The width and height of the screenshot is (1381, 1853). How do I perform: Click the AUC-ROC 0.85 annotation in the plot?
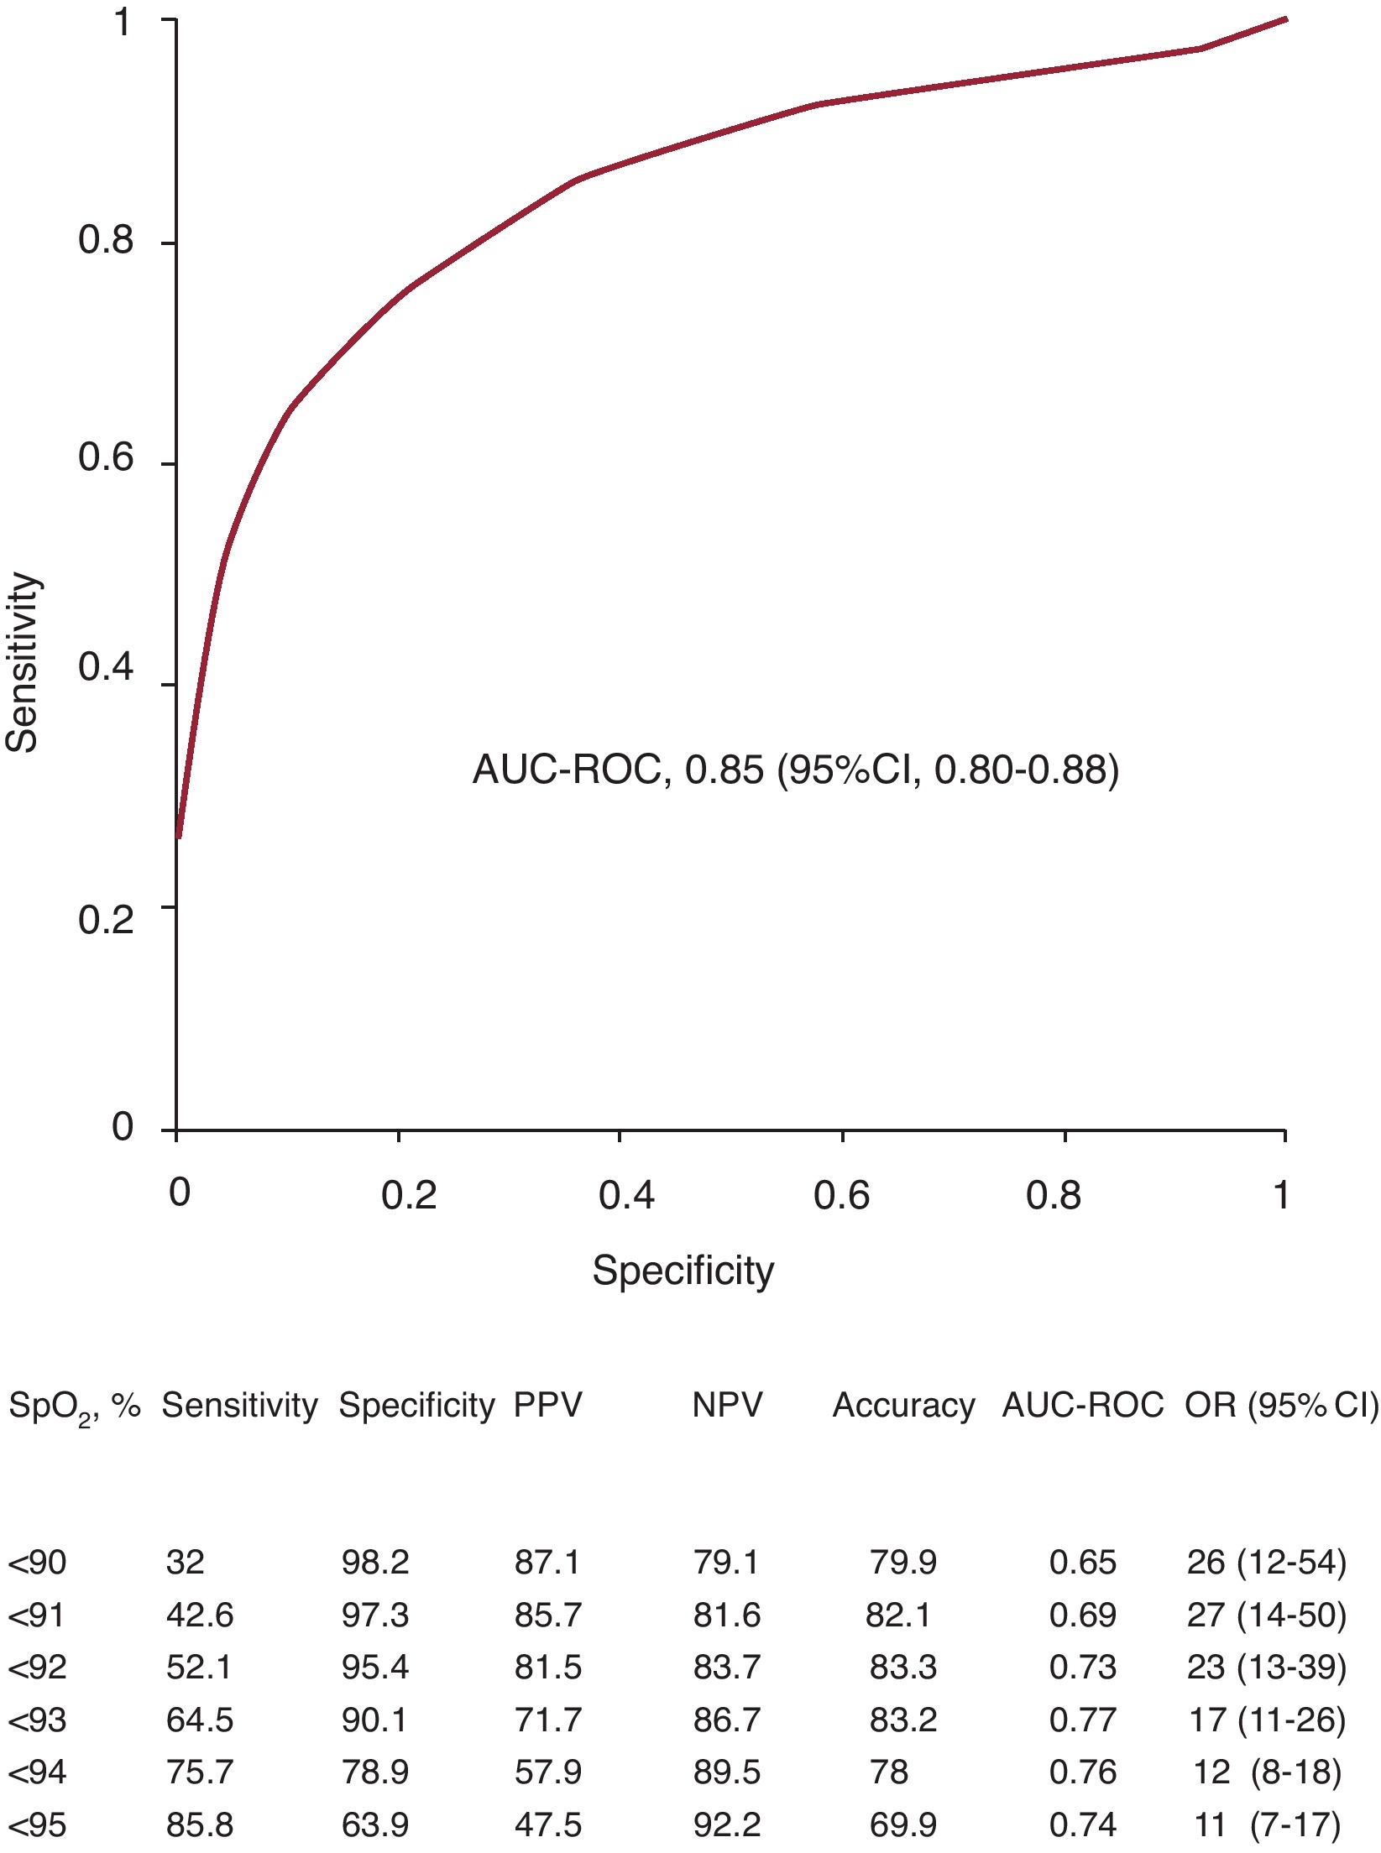pos(795,770)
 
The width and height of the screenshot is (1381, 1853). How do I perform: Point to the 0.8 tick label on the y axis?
pos(106,241)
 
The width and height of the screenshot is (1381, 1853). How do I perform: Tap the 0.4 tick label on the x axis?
pos(625,1194)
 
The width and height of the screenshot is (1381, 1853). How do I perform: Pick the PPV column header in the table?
pos(547,1405)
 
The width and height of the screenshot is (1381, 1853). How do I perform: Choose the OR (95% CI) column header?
pos(1281,1405)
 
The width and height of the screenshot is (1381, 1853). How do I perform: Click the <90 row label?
pos(37,1563)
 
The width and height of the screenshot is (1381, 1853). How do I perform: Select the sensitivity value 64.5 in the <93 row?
pos(199,1720)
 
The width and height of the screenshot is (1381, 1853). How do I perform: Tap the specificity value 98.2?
pos(374,1563)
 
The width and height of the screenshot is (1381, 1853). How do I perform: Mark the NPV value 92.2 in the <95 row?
pos(726,1825)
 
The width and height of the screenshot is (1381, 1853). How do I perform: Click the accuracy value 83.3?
pos(902,1668)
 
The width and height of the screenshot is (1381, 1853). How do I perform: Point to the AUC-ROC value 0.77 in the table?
pos(1082,1720)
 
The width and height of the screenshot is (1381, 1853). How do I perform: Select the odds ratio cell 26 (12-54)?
pos(1266,1563)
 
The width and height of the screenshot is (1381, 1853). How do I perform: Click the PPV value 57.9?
pos(547,1772)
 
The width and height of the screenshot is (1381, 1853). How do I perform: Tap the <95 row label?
pos(37,1825)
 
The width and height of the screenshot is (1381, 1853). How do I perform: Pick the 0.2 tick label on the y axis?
pos(106,920)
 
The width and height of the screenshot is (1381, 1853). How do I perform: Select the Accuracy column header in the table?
pos(903,1405)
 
